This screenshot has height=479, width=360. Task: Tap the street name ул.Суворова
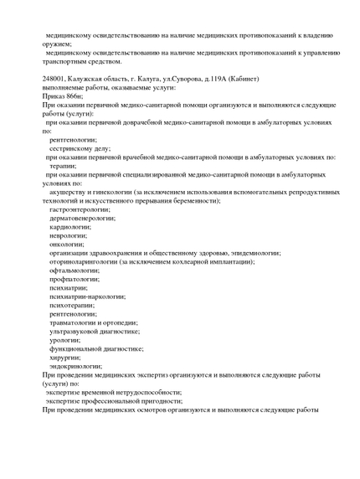click(x=182, y=79)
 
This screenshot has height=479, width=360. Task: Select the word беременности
click(x=191, y=201)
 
